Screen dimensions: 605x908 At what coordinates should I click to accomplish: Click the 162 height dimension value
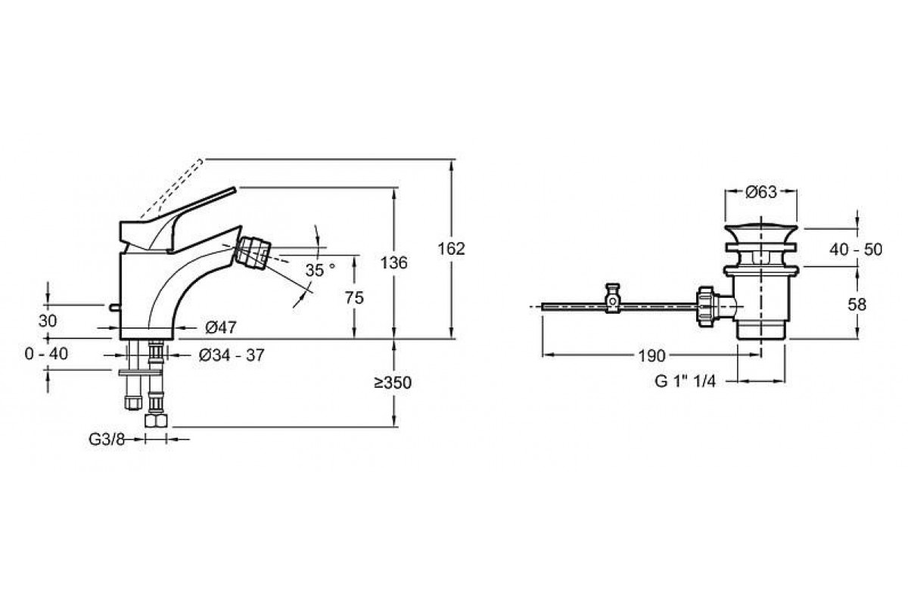(451, 248)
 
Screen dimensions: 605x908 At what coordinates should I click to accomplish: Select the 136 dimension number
(393, 262)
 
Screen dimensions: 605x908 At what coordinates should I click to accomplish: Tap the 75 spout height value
(353, 297)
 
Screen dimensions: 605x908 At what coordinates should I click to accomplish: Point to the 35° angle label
(319, 270)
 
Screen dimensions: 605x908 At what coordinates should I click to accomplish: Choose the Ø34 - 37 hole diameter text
(231, 355)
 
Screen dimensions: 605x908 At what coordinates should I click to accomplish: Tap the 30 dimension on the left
(48, 321)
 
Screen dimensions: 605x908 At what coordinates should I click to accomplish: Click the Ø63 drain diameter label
(762, 192)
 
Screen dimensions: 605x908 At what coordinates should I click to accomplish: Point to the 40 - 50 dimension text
(856, 249)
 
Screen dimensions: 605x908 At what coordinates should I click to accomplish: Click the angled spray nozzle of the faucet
(253, 252)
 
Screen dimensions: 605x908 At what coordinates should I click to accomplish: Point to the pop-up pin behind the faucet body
(113, 307)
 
